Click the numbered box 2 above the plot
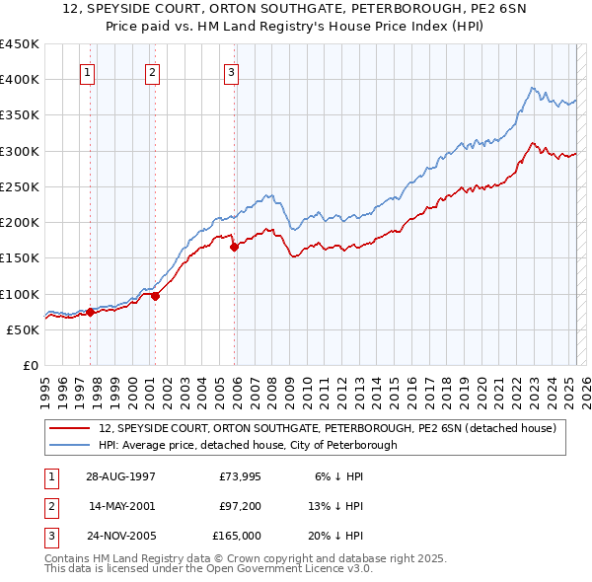click(153, 71)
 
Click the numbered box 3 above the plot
click(231, 71)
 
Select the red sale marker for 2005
click(235, 248)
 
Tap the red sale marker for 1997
click(90, 312)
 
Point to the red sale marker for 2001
click(155, 295)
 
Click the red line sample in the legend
click(70, 428)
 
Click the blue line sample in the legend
click(70, 445)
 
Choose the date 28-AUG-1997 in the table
click(120, 475)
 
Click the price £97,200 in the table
click(240, 506)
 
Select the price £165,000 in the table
click(237, 537)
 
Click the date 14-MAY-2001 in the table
click(121, 506)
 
